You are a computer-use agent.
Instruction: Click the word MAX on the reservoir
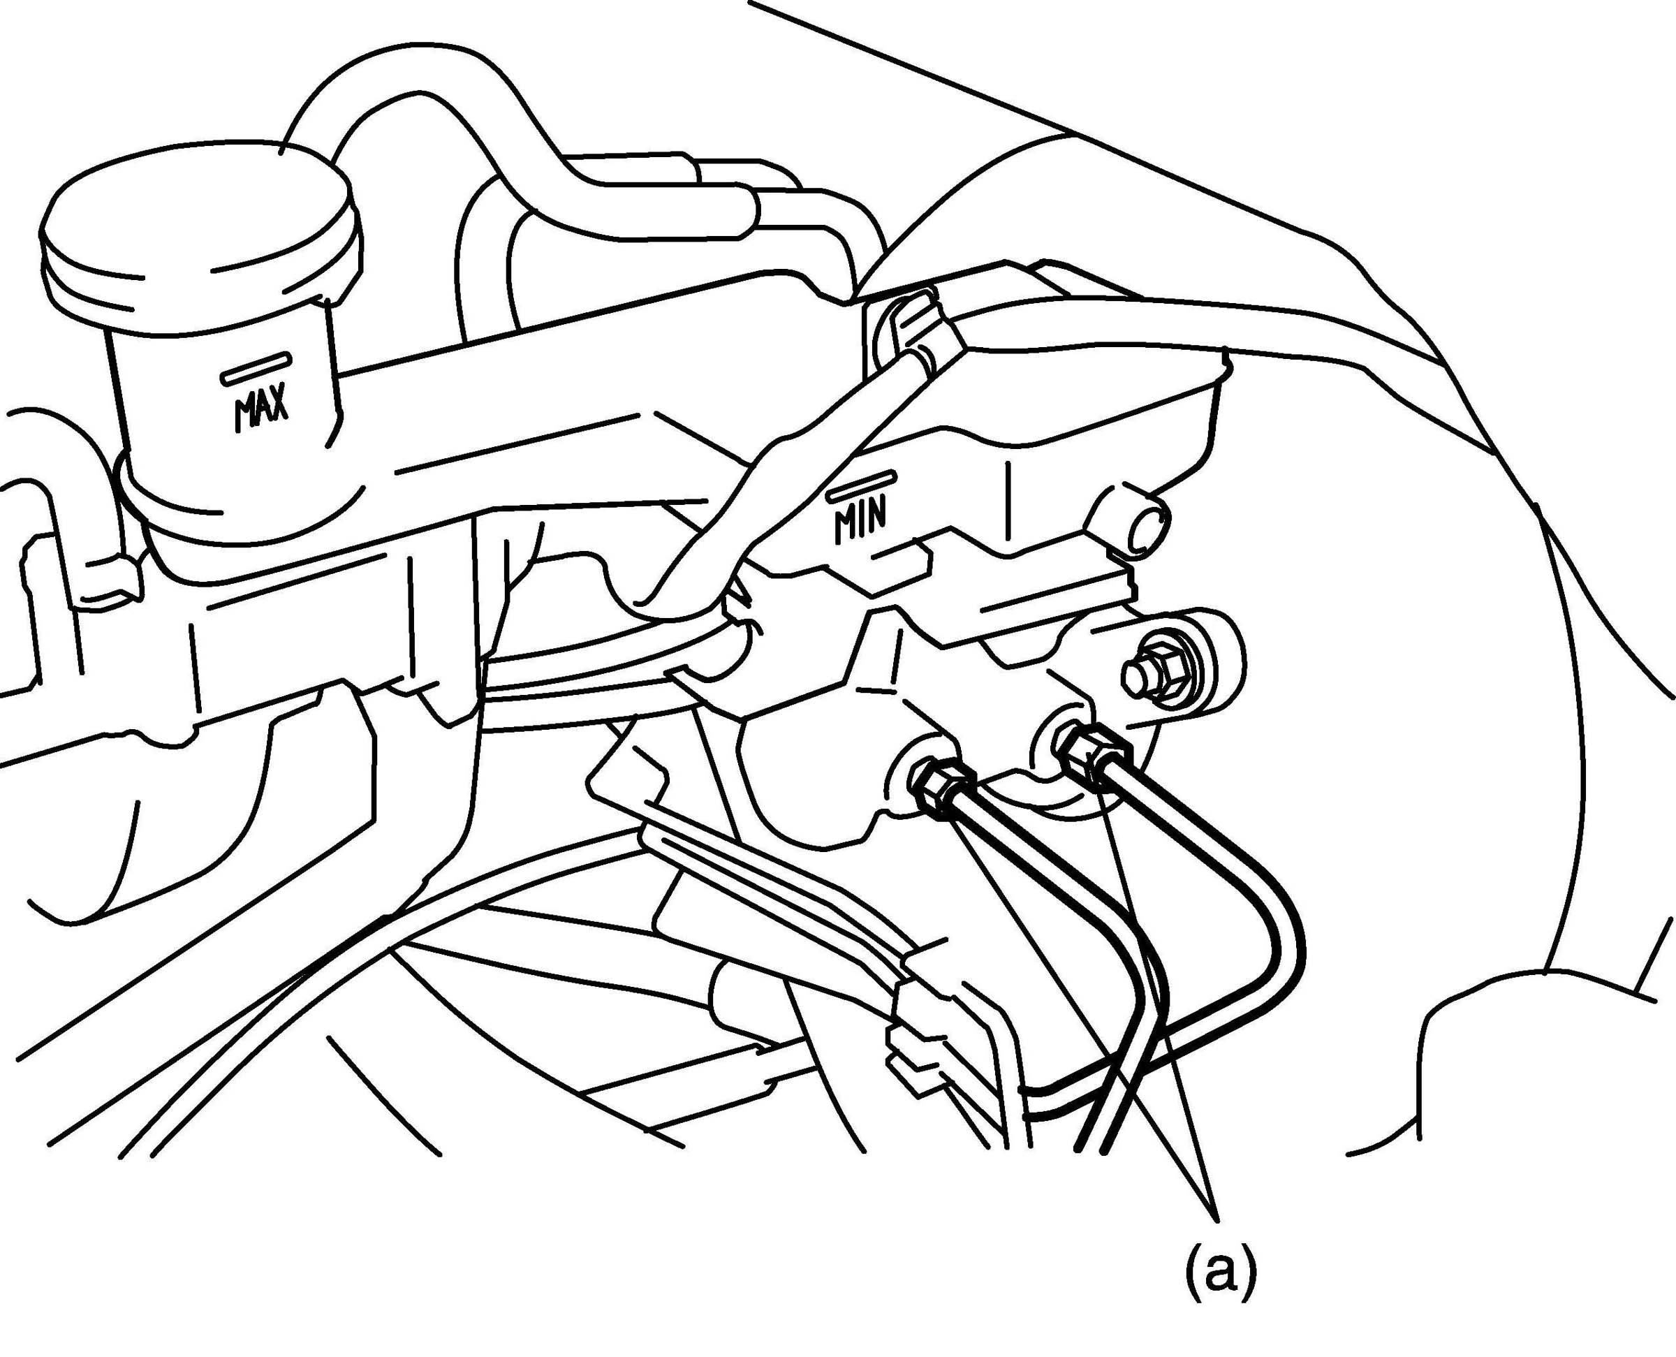click(260, 407)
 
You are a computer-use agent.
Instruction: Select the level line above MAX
click(256, 367)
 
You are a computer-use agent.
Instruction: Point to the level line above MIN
click(860, 485)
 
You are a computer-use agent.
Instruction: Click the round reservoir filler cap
click(199, 227)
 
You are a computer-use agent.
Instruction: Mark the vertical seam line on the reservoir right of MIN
click(1009, 500)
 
